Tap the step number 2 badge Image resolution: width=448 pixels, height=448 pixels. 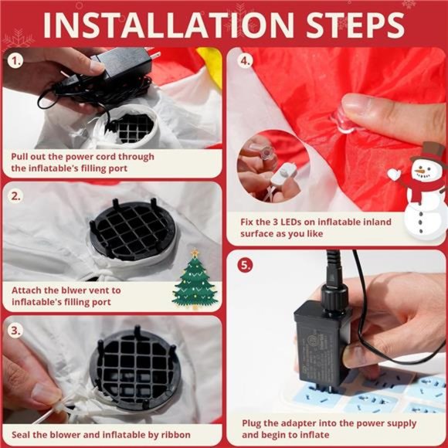pos(16,195)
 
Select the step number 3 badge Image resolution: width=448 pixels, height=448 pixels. pos(16,330)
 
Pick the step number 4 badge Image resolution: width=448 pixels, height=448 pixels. pos(245,60)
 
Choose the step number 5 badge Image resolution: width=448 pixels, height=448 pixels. pos(245,265)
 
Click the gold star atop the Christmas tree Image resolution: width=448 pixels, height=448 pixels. pos(195,253)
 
